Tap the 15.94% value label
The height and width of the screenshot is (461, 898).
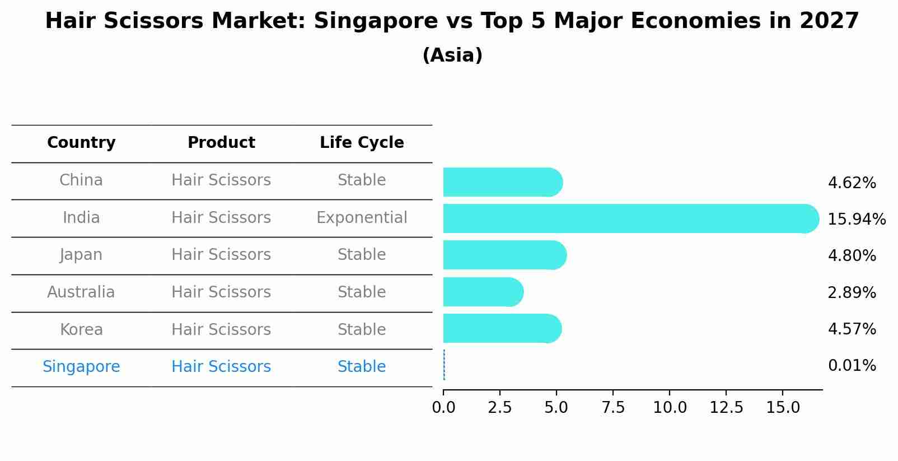[856, 219]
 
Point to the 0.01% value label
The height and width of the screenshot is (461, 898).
[852, 366]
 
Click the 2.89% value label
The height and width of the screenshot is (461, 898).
[852, 292]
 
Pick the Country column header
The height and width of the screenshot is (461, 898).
[81, 143]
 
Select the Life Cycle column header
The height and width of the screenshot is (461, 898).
[362, 143]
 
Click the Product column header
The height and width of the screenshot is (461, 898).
[221, 143]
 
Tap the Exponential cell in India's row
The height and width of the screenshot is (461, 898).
[362, 218]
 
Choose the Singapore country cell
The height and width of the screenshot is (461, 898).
[81, 367]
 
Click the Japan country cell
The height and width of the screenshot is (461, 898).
[81, 255]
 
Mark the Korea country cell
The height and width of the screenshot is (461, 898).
[81, 329]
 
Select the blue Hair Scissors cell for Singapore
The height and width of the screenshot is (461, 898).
[221, 367]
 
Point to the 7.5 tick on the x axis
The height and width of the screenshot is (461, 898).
[613, 407]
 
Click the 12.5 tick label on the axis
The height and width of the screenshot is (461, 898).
[726, 407]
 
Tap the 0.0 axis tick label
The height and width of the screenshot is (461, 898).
[443, 407]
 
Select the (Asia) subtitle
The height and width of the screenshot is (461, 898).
[452, 55]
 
